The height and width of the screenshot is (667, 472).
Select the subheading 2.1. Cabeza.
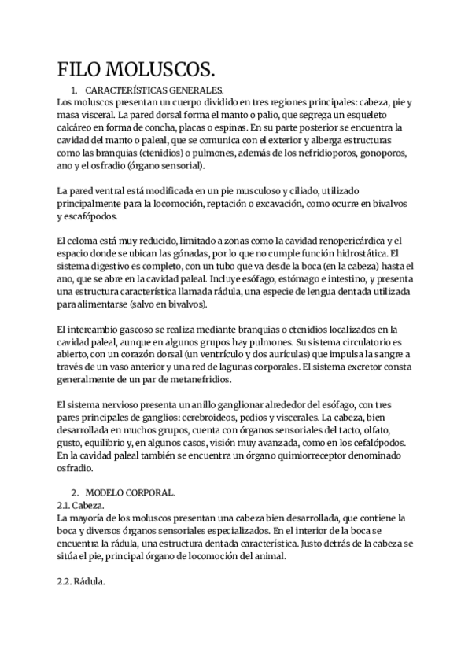coord(80,505)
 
